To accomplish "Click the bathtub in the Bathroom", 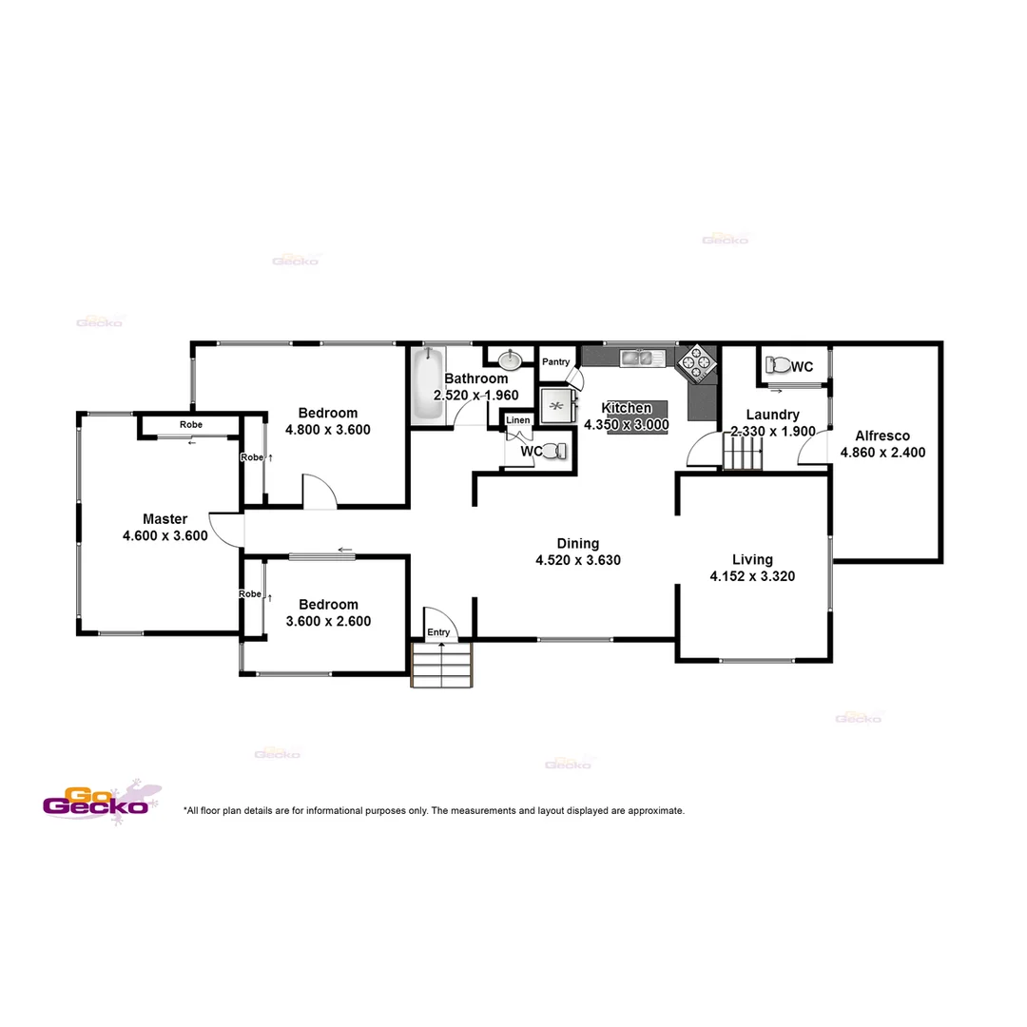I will tap(427, 386).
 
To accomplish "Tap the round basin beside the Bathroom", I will tap(511, 359).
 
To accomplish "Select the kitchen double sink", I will tap(636, 358).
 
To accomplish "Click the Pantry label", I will tap(555, 362).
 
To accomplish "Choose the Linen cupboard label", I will tap(518, 420).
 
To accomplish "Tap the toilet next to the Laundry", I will tap(778, 365).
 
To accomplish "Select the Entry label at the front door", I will tap(438, 632).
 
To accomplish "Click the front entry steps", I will tap(442, 665).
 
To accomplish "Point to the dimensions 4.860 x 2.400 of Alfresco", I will tap(882, 453).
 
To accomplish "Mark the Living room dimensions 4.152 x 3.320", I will tap(752, 575).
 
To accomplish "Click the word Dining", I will tap(578, 544).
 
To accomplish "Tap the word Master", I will tap(165, 519).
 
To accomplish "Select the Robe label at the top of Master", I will tap(190, 425).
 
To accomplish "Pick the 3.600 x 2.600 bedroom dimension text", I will tap(328, 621).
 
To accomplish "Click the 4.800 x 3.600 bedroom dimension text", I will tap(328, 429).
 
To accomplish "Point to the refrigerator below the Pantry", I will tap(558, 405).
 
